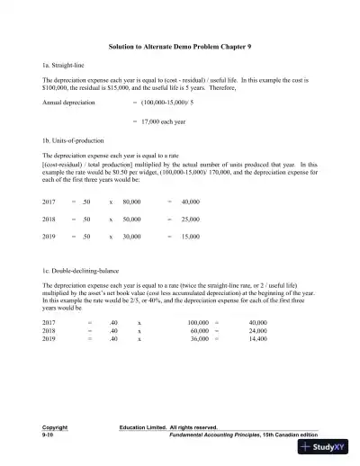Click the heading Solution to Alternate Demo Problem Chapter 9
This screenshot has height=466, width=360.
(179, 45)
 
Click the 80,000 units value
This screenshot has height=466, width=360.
(131, 202)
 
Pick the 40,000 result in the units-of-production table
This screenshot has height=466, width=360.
(190, 202)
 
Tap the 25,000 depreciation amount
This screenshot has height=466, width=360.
(190, 219)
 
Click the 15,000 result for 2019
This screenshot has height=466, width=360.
(190, 236)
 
